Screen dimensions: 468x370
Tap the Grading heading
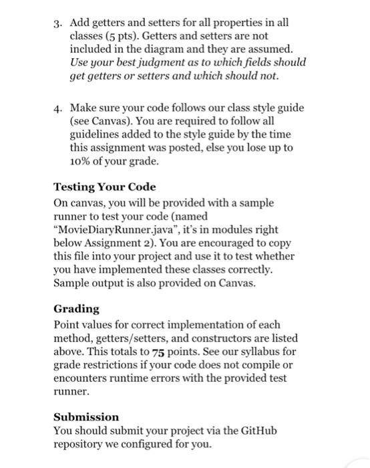pyautogui.click(x=76, y=309)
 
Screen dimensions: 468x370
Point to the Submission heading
pyautogui.click(x=86, y=416)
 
